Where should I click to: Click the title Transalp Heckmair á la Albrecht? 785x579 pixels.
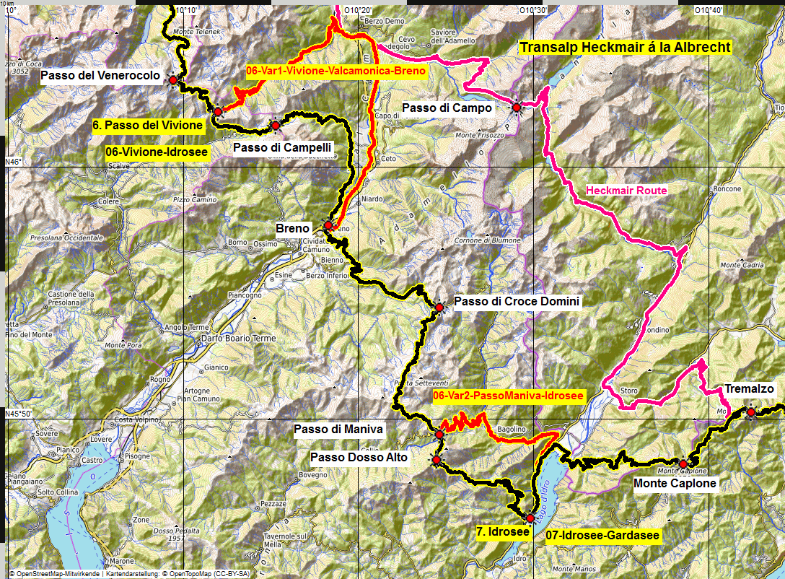626,48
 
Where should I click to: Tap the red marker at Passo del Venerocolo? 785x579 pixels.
173,80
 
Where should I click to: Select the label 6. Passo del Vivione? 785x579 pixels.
148,125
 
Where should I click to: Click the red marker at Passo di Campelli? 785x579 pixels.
276,126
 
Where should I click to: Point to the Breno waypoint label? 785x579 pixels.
292,228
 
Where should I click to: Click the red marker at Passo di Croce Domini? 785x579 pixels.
439,308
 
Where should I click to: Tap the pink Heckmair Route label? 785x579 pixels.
626,191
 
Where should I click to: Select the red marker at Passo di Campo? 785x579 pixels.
517,108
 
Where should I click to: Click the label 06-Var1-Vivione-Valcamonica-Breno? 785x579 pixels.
336,71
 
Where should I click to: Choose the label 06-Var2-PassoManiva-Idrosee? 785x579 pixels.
508,396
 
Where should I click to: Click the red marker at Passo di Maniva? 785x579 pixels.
439,435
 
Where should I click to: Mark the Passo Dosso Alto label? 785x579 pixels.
359,458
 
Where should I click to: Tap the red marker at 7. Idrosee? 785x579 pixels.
530,518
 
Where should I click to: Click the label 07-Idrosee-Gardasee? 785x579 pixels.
602,535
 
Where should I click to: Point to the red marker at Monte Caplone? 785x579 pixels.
683,463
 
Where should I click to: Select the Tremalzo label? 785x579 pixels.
749,389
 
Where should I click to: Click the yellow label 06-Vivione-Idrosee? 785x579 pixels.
157,152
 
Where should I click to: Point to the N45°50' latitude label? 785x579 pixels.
19,414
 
